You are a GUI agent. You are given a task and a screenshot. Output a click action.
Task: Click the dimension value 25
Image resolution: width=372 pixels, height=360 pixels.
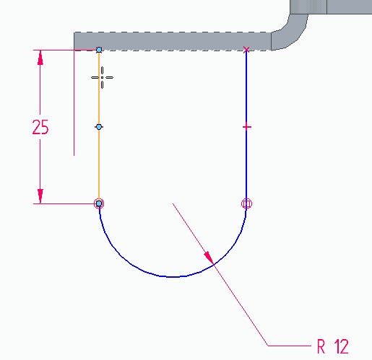tap(40, 127)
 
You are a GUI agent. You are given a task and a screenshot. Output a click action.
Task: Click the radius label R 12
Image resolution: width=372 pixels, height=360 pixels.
tap(333, 346)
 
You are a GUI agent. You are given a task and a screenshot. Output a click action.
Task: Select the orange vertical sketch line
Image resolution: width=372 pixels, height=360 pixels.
tap(99, 127)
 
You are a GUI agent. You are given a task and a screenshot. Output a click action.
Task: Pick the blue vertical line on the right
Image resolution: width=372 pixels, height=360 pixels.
tap(246, 127)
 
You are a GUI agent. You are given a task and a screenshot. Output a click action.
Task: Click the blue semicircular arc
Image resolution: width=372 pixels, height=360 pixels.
tap(173, 277)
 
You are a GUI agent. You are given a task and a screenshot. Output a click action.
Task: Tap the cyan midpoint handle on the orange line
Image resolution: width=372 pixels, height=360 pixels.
tap(99, 127)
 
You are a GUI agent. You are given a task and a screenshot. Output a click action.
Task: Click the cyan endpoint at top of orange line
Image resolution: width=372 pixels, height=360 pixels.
tap(99, 50)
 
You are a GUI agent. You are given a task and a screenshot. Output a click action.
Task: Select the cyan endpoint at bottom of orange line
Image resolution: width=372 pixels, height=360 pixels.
tap(99, 203)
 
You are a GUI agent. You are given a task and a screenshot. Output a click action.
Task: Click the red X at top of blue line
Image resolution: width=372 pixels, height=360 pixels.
tap(246, 50)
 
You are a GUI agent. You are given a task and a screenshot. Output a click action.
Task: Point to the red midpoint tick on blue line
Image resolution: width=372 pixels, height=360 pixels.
tap(246, 127)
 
